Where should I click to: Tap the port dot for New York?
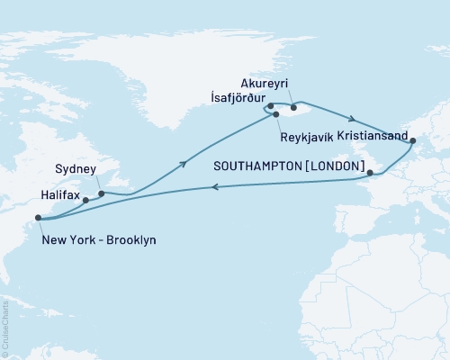37,217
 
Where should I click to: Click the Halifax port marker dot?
86,201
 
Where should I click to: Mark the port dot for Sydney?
101,193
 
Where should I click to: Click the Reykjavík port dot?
276,115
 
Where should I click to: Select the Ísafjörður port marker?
270,106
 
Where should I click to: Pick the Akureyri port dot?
294,107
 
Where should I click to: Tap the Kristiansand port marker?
412,140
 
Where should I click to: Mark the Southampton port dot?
369,172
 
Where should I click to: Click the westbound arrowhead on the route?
214,187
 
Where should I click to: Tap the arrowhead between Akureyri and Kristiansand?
353,120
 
